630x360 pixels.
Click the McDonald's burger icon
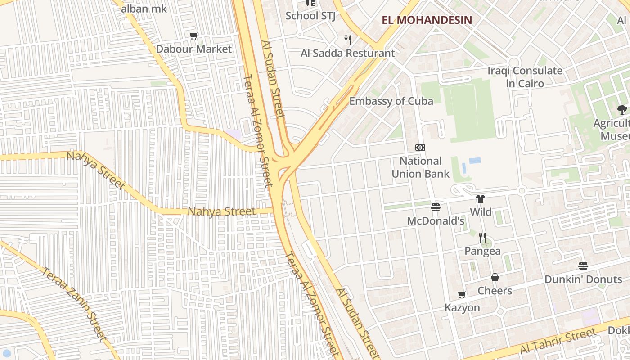pyautogui.click(x=435, y=207)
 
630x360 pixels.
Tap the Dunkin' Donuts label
pyautogui.click(x=583, y=279)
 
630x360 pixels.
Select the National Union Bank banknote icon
pyautogui.click(x=420, y=148)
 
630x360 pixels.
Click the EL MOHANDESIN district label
pyautogui.click(x=427, y=20)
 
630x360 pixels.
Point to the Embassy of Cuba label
pyautogui.click(x=391, y=101)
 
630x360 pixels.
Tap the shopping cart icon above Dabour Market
pyautogui.click(x=194, y=36)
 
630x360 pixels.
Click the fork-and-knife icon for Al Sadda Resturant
pyautogui.click(x=347, y=40)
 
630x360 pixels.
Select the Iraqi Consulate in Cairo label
pyautogui.click(x=525, y=77)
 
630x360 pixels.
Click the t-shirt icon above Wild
pyautogui.click(x=481, y=199)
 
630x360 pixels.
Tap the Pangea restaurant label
pyautogui.click(x=482, y=251)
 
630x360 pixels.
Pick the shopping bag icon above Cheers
pyautogui.click(x=495, y=277)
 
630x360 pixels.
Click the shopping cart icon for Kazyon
pyautogui.click(x=462, y=295)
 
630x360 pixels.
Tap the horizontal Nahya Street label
pyautogui.click(x=221, y=211)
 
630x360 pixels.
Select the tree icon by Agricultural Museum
pyautogui.click(x=622, y=109)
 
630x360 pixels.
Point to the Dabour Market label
pyautogui.click(x=193, y=49)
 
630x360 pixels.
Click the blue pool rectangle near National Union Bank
pyautogui.click(x=475, y=160)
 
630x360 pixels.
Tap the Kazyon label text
pyautogui.click(x=462, y=308)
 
